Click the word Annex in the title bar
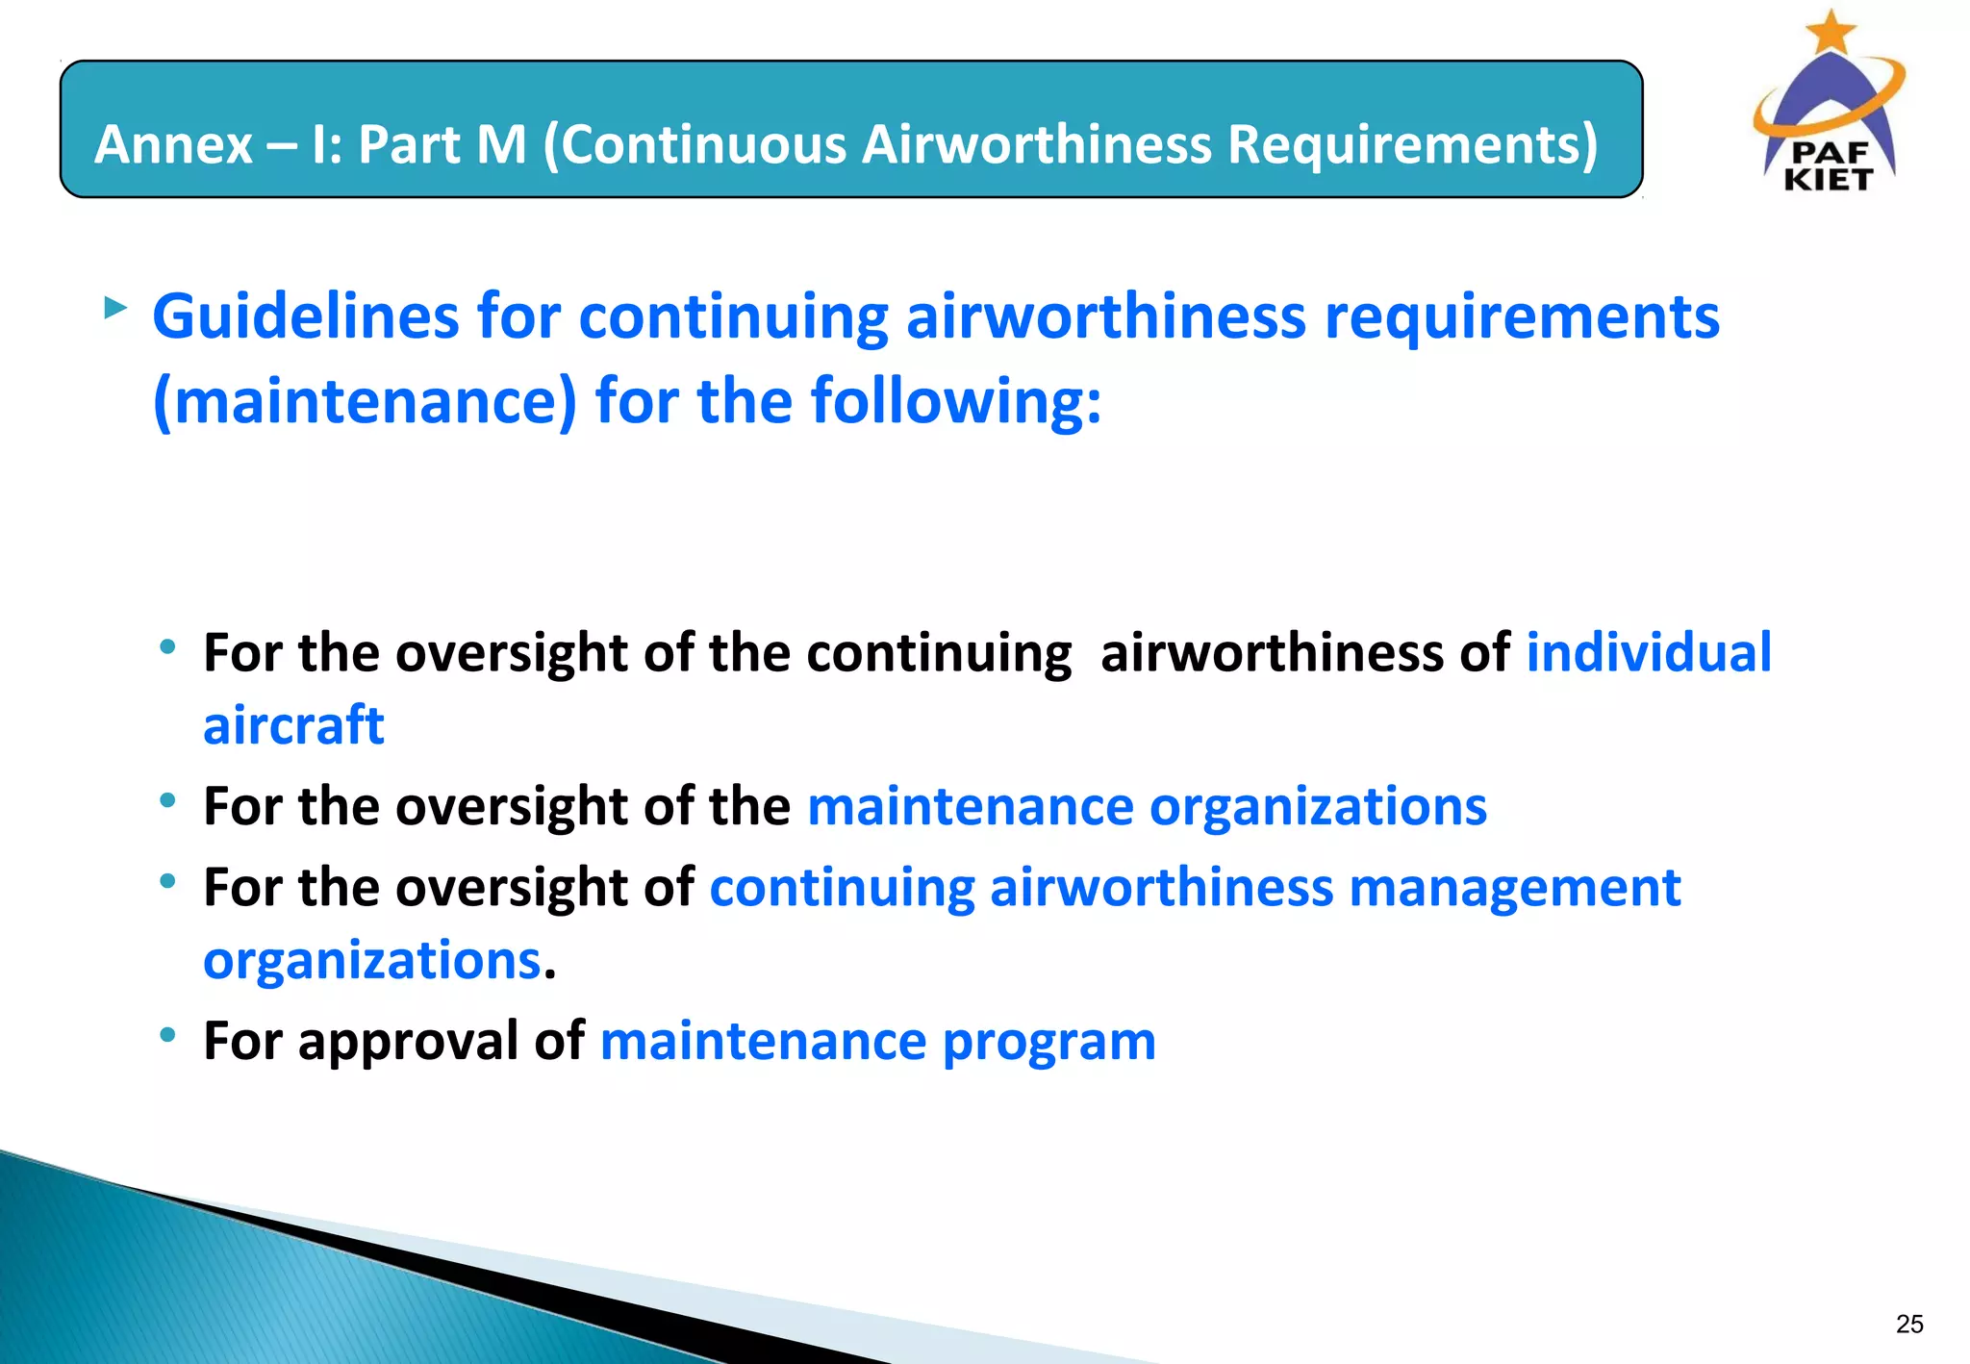174,144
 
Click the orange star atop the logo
1831,31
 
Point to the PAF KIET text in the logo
1828,166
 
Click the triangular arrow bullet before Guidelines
115,309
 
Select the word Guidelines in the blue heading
306,316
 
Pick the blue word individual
1649,653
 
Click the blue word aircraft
293,725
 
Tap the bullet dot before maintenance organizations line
168,799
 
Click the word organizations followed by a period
372,960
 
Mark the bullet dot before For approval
168,1034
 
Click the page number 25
1909,1325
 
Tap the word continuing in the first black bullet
939,653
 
